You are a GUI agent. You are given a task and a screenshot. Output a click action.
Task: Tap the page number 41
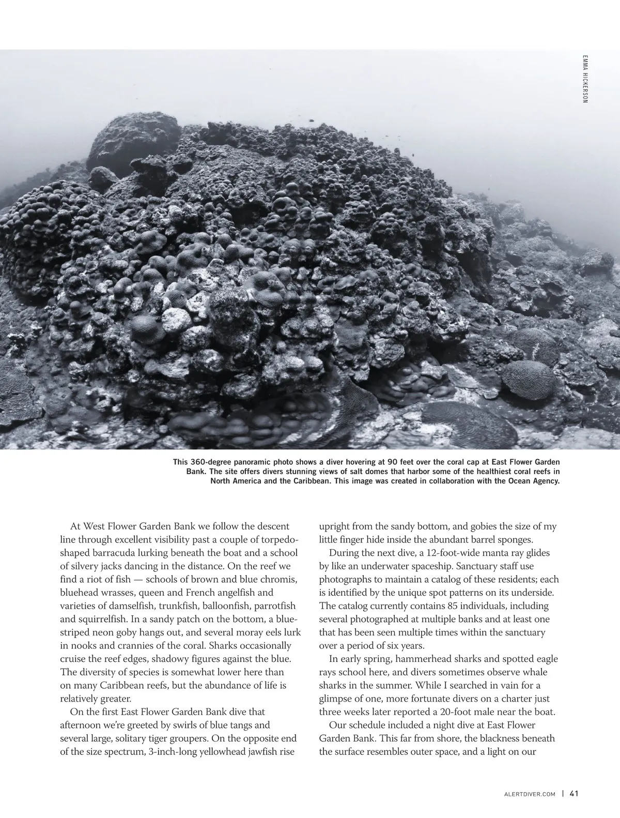(573, 794)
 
